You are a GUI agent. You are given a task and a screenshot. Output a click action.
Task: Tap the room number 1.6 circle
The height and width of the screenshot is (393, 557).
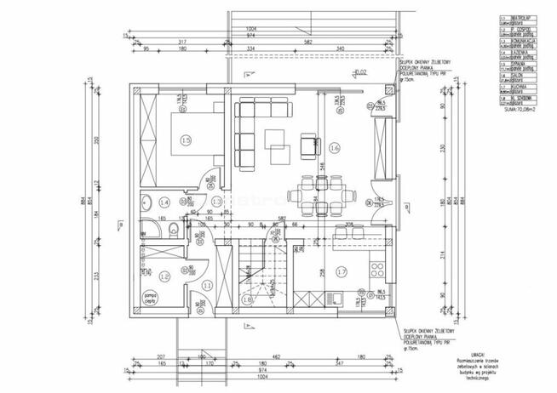[334, 148]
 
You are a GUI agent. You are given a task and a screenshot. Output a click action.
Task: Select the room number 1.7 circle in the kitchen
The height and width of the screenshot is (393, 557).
[341, 272]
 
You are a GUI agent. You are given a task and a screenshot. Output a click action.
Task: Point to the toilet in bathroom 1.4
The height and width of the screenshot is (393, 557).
[175, 225]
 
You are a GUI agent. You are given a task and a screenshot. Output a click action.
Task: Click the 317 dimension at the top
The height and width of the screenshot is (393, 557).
[183, 42]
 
